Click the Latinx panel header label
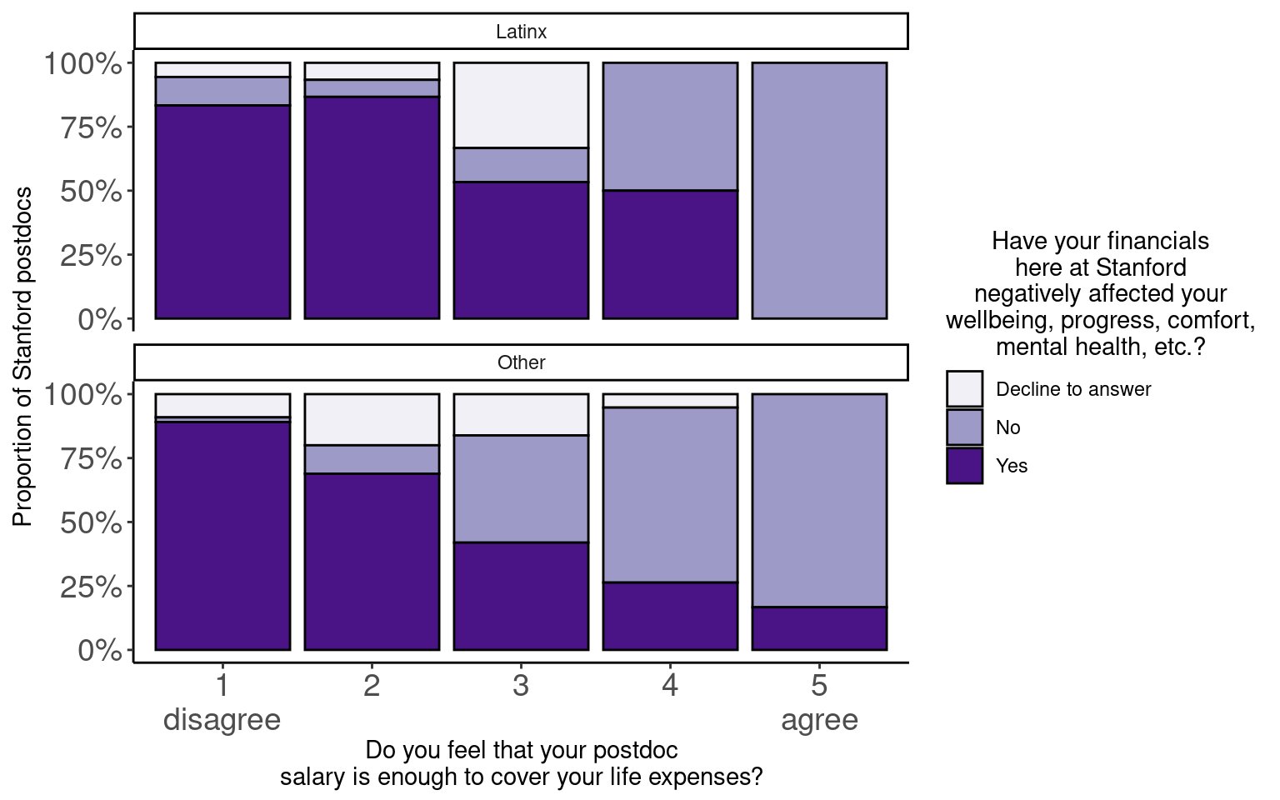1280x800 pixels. pos(521,32)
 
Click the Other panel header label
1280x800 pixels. pos(521,362)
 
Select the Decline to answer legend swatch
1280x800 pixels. pos(964,389)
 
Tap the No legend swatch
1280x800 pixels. pos(964,427)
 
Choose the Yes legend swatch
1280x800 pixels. pos(964,466)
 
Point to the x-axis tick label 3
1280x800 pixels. pos(521,686)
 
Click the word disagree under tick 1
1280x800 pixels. pos(222,720)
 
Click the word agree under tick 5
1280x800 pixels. pos(819,720)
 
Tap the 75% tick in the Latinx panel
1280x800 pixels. pos(90,127)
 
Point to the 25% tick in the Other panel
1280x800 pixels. pos(90,587)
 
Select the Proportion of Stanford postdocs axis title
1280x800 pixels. pos(22,357)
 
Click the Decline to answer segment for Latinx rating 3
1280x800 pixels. pos(521,105)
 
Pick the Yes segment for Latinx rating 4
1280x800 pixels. pos(670,254)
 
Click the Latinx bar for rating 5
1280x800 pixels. pos(819,190)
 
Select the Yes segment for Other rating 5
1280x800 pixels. pos(819,628)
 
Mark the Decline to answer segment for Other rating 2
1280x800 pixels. pos(372,419)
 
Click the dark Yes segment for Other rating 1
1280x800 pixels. pos(222,535)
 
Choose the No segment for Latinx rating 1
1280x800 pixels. pos(222,91)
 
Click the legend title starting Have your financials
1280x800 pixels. pos(1100,293)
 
